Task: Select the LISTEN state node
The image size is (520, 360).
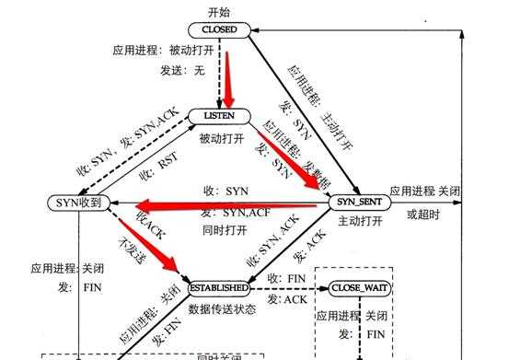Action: coord(218,117)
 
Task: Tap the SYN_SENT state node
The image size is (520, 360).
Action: coord(358,202)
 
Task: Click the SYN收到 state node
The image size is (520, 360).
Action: coord(81,202)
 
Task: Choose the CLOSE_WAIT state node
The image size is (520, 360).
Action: coord(354,288)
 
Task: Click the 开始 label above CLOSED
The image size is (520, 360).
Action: coord(218,10)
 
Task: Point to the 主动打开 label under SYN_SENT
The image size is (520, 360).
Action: coord(358,221)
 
